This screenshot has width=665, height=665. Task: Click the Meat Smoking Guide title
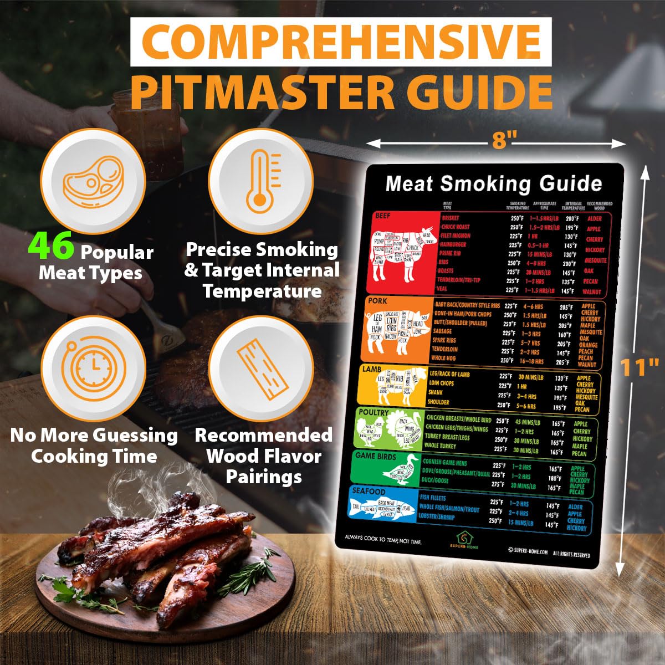[x=493, y=183]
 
